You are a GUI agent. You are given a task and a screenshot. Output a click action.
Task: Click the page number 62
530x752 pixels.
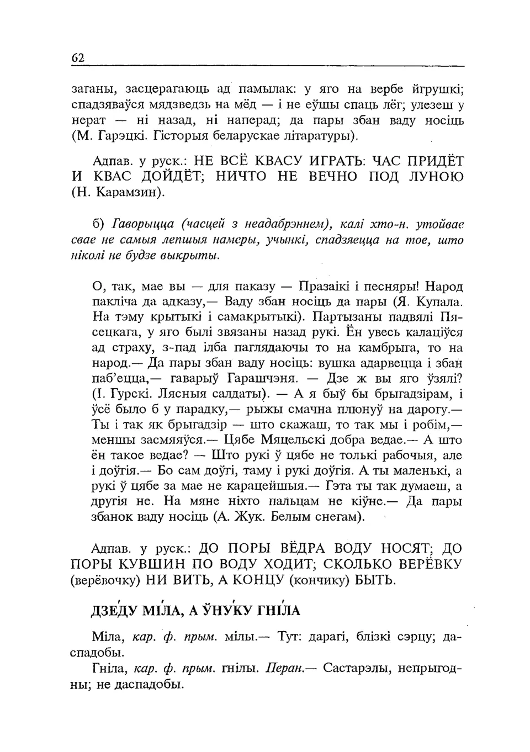(77, 58)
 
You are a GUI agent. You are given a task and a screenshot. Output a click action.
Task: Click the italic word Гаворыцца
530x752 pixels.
(143, 224)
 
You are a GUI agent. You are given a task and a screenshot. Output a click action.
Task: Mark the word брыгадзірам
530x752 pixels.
(407, 394)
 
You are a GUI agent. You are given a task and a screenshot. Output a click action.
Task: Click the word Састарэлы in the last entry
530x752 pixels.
(357, 669)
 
